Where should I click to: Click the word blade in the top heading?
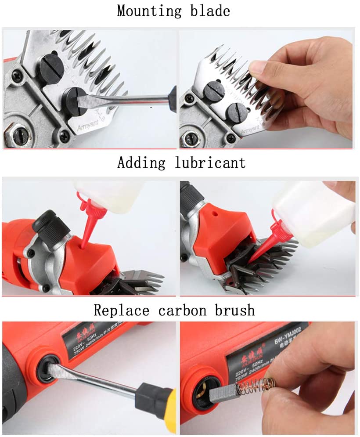pos(209,11)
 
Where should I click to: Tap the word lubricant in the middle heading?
pos(210,163)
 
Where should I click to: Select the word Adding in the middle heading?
pos(141,163)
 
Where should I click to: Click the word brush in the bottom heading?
pos(235,310)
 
